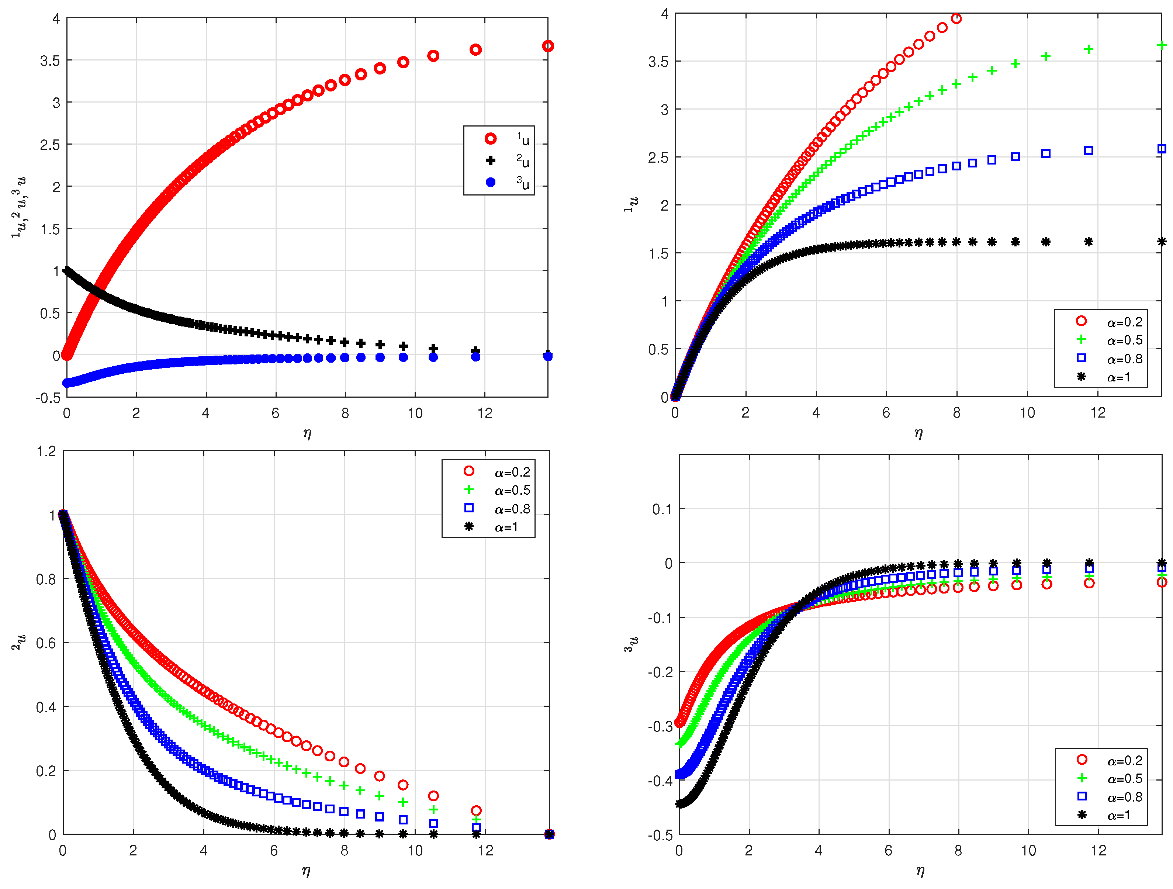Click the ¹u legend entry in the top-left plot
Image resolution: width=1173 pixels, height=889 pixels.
pyautogui.click(x=506, y=139)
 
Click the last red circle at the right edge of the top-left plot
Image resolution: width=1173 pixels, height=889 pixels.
pyautogui.click(x=548, y=46)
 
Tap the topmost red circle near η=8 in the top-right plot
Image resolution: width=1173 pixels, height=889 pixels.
pyautogui.click(x=956, y=18)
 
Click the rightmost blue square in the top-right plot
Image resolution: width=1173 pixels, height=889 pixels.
pyautogui.click(x=1161, y=149)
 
